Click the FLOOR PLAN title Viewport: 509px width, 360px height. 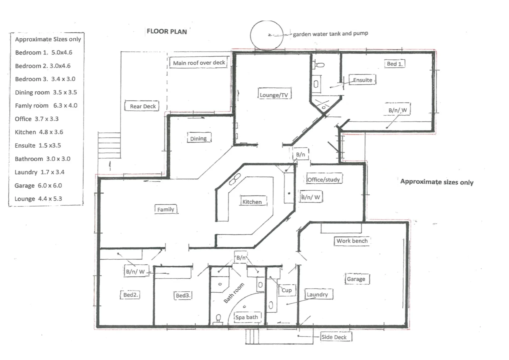[167, 31]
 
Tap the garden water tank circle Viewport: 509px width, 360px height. [266, 35]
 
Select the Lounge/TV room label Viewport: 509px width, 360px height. [274, 95]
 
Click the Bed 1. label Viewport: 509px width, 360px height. [394, 64]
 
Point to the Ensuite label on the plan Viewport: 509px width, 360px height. [362, 80]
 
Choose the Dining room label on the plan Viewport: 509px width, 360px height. [198, 138]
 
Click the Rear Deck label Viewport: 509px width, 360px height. [143, 106]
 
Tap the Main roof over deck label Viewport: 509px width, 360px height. [199, 63]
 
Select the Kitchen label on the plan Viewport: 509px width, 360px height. [252, 202]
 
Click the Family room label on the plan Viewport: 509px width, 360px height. [166, 209]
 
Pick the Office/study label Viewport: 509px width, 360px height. [323, 180]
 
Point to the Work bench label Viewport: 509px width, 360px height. [352, 241]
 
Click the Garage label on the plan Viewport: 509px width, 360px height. [356, 279]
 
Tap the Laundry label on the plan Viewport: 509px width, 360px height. [317, 294]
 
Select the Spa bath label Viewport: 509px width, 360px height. [247, 317]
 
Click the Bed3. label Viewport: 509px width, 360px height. [183, 295]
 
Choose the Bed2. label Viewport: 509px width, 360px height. [130, 295]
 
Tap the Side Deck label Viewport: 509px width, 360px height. [334, 337]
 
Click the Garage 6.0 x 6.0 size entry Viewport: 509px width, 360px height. [38, 185]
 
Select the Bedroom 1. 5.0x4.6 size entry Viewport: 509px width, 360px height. [43, 52]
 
